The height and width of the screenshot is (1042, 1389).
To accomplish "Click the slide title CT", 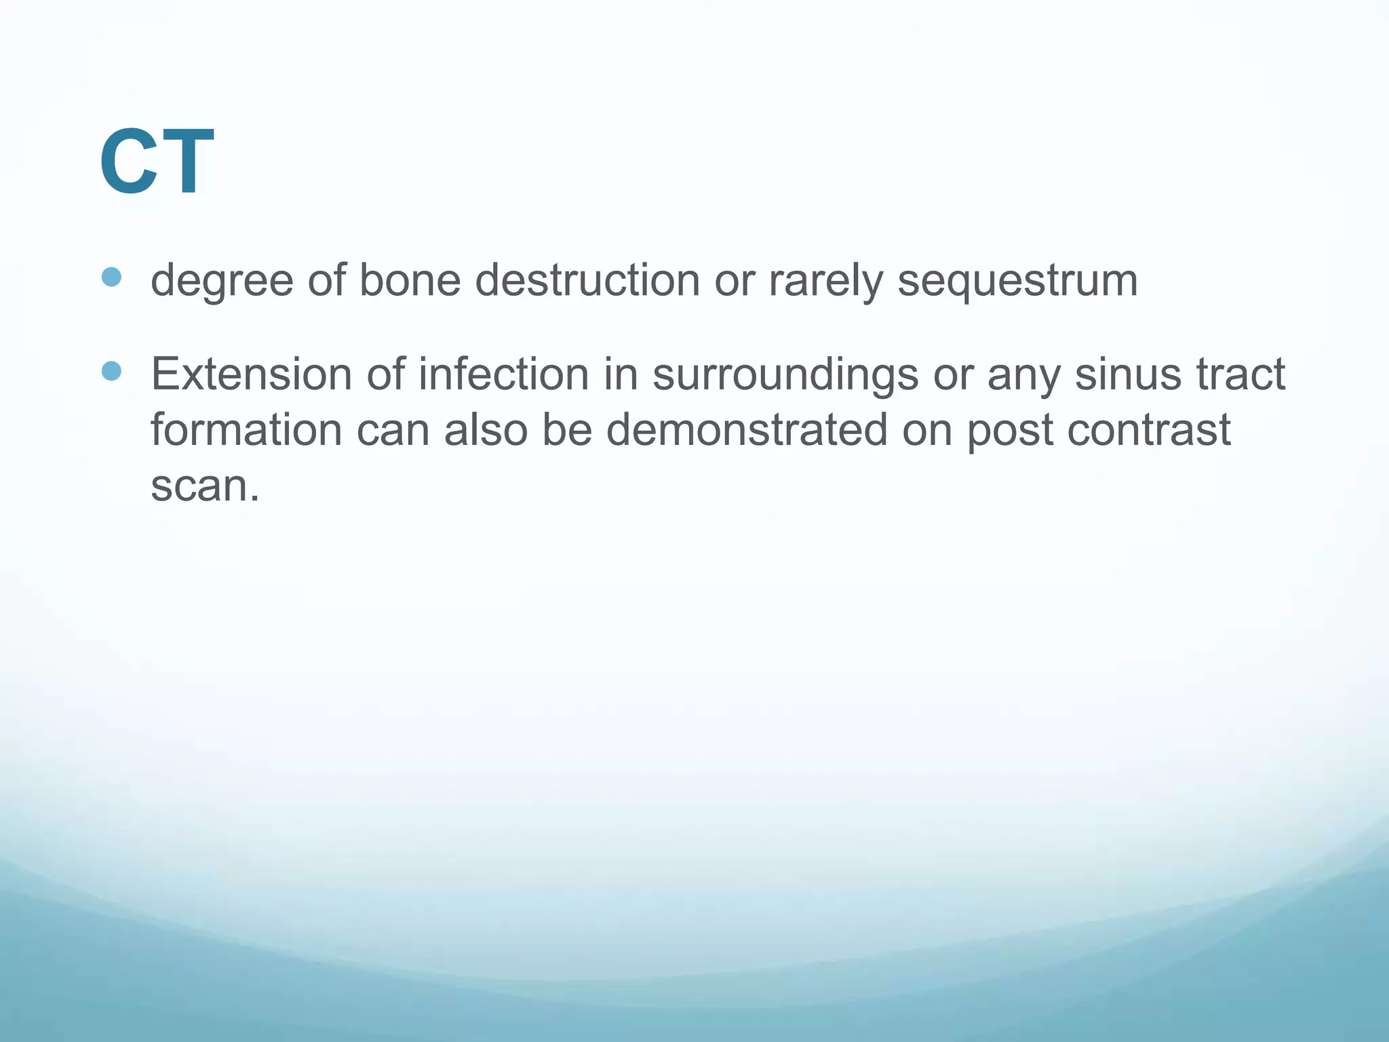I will [157, 163].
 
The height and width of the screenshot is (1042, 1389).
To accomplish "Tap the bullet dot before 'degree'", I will [111, 277].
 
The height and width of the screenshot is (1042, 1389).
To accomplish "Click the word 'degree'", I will [222, 281].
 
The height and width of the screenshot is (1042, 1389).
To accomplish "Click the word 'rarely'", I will [825, 281].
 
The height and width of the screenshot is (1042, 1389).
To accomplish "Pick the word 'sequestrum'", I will [1017, 281].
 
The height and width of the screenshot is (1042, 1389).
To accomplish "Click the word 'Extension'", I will [252, 374].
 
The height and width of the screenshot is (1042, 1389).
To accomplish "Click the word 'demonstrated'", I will [746, 430].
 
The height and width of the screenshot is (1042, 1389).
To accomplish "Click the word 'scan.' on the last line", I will [205, 486].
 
